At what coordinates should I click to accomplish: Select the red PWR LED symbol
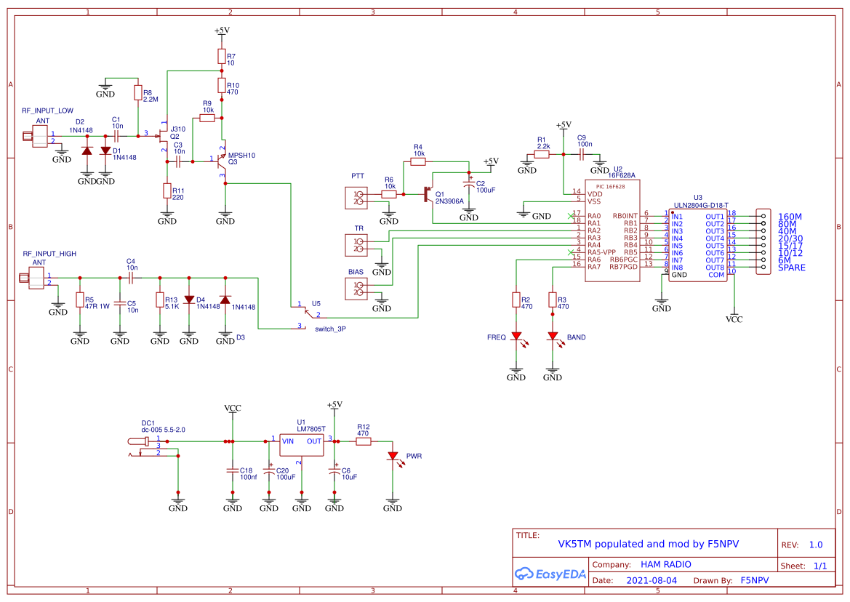tap(393, 457)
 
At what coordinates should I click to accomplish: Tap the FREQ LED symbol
tap(516, 337)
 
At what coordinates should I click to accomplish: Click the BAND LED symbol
tap(553, 337)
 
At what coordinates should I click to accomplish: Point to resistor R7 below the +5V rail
tap(222, 57)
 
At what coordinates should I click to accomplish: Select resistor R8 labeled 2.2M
tap(137, 92)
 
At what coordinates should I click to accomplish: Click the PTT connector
tap(357, 196)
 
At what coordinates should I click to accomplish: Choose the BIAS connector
tap(357, 289)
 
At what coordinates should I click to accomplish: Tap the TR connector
tap(357, 245)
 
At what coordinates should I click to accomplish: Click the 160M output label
tap(790, 217)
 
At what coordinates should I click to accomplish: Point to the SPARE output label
tap(791, 268)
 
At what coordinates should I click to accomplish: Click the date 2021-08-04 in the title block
tap(651, 581)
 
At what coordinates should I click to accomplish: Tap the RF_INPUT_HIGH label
tap(49, 254)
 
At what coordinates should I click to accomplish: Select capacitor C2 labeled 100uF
tap(470, 186)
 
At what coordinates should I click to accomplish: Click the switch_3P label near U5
tap(330, 329)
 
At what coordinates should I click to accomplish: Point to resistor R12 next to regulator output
tap(364, 441)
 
